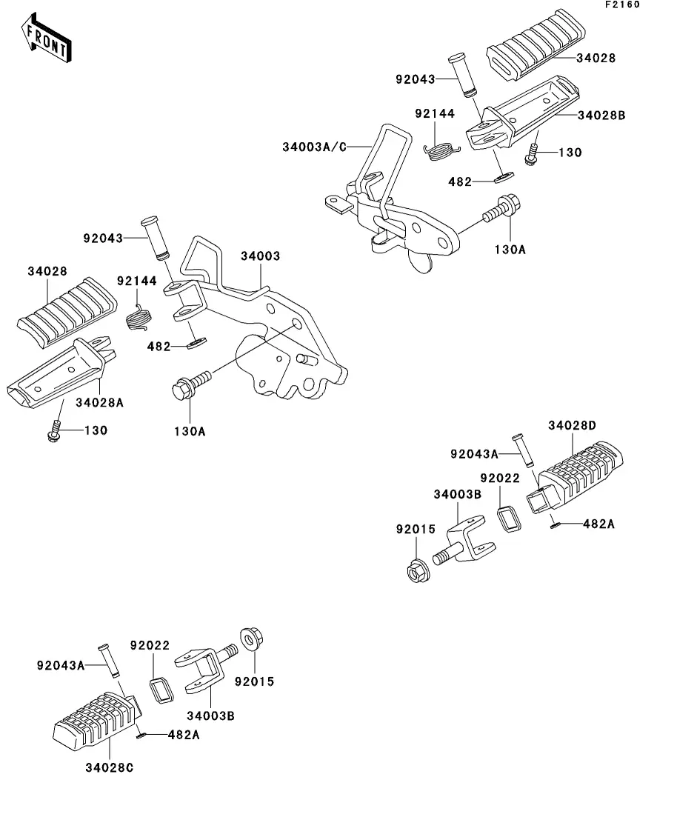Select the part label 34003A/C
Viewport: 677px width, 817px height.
314,146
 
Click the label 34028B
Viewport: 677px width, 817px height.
601,116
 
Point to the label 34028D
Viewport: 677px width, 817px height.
572,425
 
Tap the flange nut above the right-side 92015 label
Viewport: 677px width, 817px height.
416,571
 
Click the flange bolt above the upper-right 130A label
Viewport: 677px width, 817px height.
504,208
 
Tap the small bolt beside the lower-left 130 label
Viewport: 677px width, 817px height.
54,431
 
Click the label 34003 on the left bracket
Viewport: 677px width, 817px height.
259,256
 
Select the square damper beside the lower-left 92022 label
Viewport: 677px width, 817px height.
161,690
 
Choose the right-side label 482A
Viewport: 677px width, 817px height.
599,524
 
